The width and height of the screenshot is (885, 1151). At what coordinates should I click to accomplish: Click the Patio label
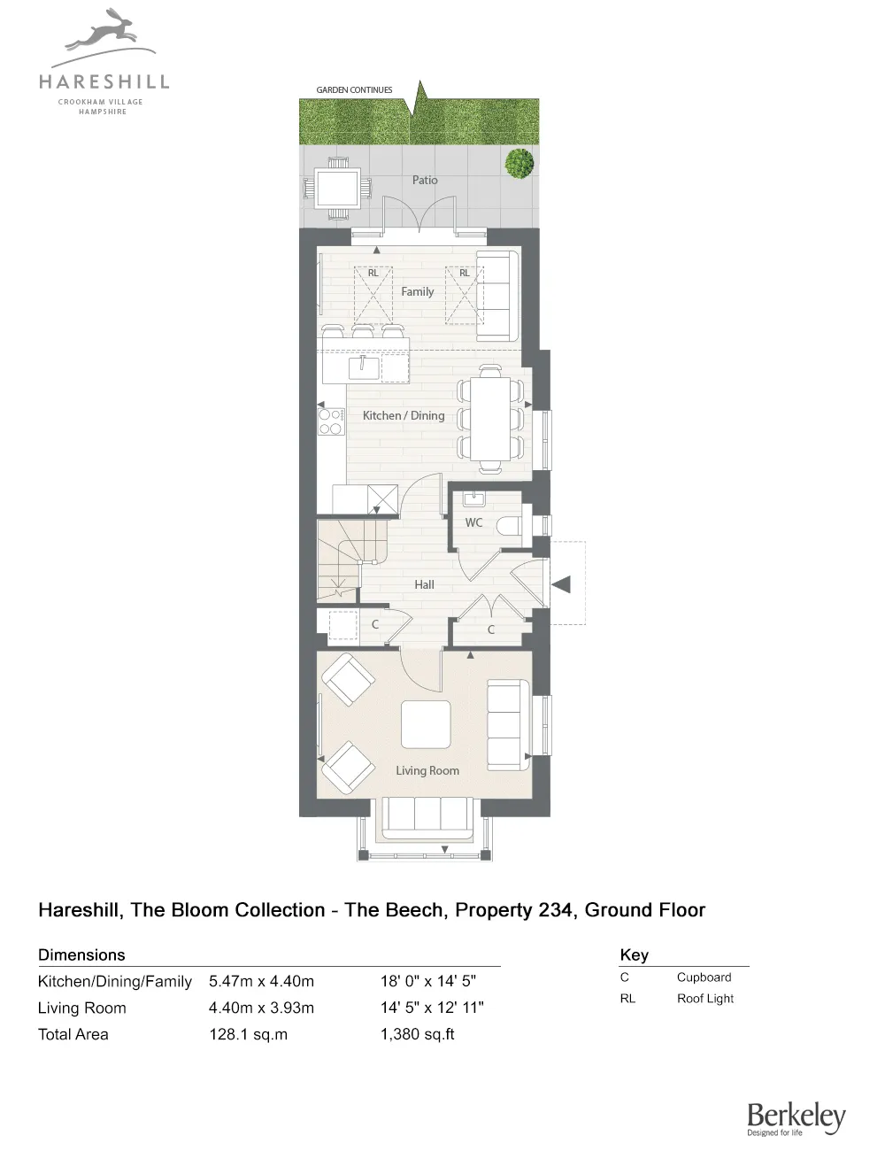[x=425, y=180]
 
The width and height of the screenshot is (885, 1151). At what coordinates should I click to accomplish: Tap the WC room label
[x=474, y=522]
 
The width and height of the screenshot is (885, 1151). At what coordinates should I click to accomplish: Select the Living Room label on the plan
[x=427, y=770]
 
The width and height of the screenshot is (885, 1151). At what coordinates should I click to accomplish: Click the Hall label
[x=424, y=584]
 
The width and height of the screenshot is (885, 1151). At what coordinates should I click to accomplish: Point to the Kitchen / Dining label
[x=404, y=415]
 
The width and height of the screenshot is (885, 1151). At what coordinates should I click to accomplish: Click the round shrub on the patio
[x=519, y=164]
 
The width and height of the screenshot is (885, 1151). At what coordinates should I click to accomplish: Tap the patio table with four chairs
[x=337, y=188]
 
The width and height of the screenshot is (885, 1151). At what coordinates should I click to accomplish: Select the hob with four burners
[x=331, y=421]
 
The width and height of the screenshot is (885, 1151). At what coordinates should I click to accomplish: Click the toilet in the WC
[x=509, y=525]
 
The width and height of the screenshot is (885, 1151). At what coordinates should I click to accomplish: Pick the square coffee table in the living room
[x=426, y=725]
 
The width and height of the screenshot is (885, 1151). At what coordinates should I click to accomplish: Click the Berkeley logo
[x=796, y=1118]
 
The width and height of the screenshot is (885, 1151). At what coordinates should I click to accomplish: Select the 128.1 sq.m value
[x=248, y=1034]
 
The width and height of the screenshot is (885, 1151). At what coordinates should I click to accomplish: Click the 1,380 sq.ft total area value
[x=417, y=1034]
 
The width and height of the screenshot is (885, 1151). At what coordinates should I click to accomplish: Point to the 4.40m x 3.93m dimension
[x=261, y=1008]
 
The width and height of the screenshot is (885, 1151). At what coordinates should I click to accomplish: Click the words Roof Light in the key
[x=705, y=999]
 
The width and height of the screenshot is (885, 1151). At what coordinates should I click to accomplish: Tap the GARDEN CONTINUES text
[x=354, y=90]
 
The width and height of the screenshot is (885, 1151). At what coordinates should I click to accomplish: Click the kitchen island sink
[x=366, y=366]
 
